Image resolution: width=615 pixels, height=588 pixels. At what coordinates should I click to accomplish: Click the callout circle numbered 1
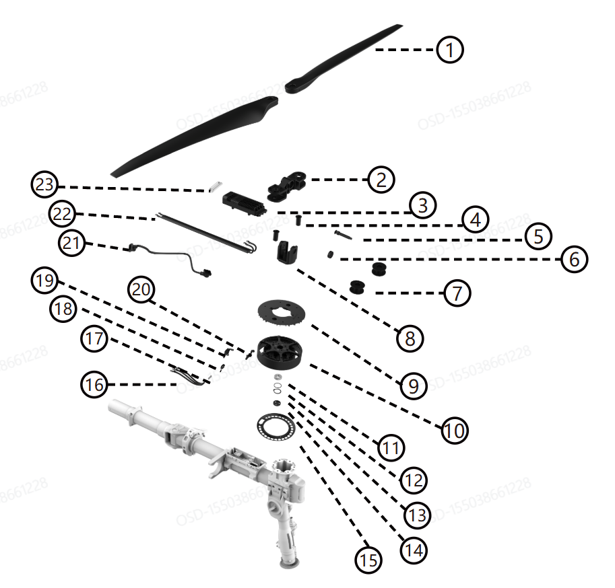[449, 50]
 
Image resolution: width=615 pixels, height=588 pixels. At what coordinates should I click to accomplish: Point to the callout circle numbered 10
[454, 429]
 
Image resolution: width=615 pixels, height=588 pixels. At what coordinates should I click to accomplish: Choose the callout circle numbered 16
[94, 385]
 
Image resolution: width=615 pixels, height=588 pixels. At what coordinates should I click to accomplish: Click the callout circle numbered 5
[538, 236]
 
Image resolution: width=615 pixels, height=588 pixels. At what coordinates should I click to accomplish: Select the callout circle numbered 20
[143, 290]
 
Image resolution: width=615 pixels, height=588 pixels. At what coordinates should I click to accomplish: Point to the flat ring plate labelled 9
[282, 313]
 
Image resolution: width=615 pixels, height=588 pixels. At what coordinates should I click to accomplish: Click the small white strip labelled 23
[216, 188]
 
